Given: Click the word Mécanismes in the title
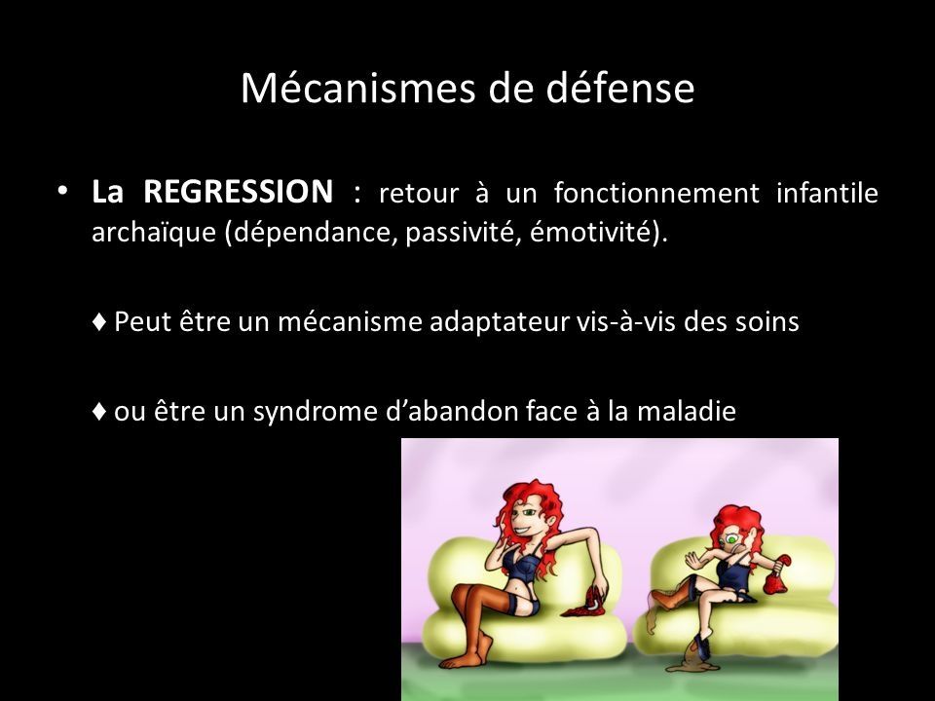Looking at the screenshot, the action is pyautogui.click(x=357, y=89).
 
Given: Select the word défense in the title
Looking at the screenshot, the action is pyautogui.click(x=620, y=89).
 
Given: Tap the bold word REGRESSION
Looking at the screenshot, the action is pyautogui.click(x=238, y=192).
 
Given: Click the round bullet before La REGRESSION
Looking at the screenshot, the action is pyautogui.click(x=61, y=192).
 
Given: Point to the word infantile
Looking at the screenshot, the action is pyautogui.click(x=827, y=193).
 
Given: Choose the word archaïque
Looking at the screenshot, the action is pyautogui.click(x=153, y=233).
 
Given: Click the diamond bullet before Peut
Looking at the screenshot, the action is pyautogui.click(x=99, y=322).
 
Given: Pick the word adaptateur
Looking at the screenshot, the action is pyautogui.click(x=499, y=322).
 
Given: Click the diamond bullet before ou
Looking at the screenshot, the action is pyautogui.click(x=99, y=411).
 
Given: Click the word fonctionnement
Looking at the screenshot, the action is pyautogui.click(x=656, y=193).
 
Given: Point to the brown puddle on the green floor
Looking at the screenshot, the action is pyautogui.click(x=692, y=665).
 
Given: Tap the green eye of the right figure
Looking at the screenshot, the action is pyautogui.click(x=731, y=540).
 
